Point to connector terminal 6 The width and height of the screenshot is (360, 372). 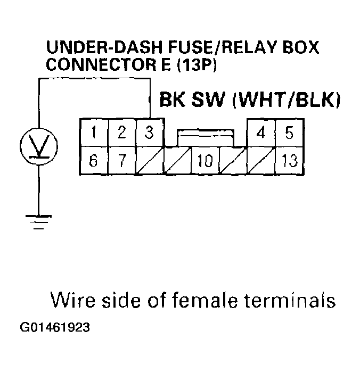tap(94, 160)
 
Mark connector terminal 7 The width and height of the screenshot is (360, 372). tap(122, 160)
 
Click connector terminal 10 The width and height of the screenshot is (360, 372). tap(205, 160)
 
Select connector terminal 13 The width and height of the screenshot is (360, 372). tap(289, 160)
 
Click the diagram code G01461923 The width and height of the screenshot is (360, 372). tap(55, 327)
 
